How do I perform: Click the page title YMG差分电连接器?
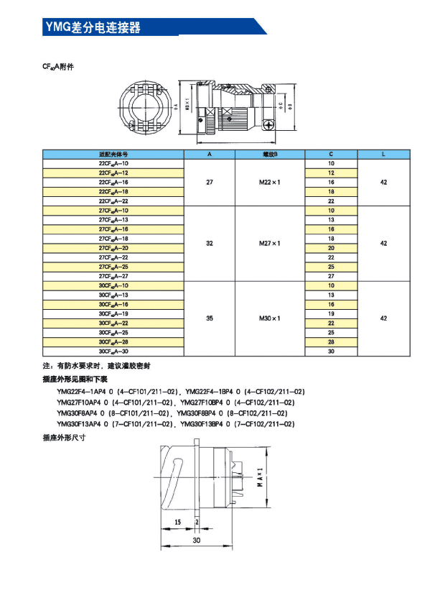coord(92,27)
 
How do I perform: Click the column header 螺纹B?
coord(270,155)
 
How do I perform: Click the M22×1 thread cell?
coord(270,183)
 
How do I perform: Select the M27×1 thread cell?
coord(270,243)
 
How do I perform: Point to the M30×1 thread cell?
coord(270,318)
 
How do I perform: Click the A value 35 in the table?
coord(210,318)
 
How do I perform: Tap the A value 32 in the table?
coord(210,243)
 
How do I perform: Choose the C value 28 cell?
coord(331,341)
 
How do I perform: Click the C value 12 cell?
coord(331,173)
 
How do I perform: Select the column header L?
coord(384,155)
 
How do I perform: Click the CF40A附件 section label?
coord(58,66)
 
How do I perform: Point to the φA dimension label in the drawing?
coord(175,106)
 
